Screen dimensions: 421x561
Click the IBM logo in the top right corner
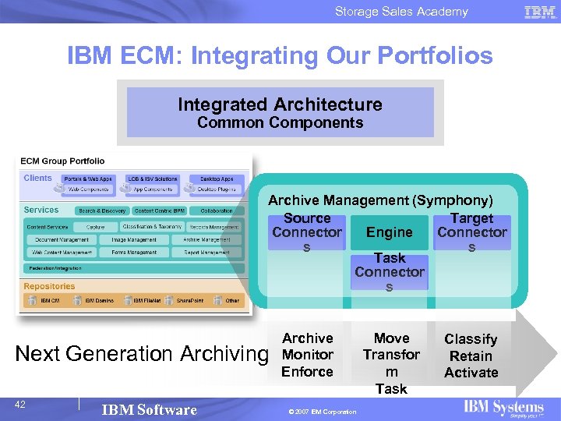(x=540, y=12)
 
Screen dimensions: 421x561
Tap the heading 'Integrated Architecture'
(x=280, y=104)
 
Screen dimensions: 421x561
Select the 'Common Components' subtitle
(x=280, y=123)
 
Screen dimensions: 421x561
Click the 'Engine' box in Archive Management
(x=389, y=232)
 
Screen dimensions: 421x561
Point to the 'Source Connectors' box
(x=306, y=232)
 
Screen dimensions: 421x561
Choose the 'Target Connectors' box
(x=471, y=232)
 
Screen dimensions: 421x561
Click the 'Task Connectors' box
(x=389, y=271)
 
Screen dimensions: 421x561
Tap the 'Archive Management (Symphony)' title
(x=380, y=200)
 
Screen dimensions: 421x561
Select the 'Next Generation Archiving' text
(x=141, y=353)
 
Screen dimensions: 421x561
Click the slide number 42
(x=20, y=404)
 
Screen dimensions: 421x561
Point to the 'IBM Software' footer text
(x=149, y=410)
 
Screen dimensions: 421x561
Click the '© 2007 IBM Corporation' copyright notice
(x=322, y=412)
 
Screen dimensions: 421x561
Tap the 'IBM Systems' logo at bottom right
(x=503, y=408)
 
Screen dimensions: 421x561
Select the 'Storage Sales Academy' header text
(x=401, y=12)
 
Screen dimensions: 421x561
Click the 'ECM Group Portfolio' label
(x=62, y=161)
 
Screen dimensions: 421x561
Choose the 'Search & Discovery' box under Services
(x=102, y=210)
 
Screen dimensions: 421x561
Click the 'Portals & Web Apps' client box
(x=87, y=179)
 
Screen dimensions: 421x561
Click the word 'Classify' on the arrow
(x=471, y=339)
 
